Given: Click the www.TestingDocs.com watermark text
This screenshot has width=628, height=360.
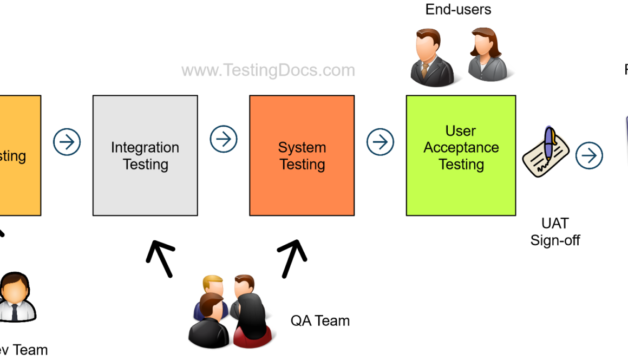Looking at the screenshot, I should pos(268,70).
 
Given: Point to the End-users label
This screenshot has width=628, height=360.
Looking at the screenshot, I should pos(459,9).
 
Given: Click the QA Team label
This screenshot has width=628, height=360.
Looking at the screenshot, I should pos(320,320).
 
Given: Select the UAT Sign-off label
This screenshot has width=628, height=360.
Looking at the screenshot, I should pos(555,232).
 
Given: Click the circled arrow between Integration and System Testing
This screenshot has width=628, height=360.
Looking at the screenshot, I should pos(224,140).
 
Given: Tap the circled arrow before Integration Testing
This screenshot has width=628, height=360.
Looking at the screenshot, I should pos(67,142).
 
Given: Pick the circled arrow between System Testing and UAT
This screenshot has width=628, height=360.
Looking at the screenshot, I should pos(380,142).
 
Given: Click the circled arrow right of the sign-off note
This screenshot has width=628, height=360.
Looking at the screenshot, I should pos(589,156).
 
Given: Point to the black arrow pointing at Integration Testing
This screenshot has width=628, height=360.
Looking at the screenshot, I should pos(161,258).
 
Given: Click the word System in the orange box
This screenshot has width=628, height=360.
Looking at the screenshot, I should pos(302,147).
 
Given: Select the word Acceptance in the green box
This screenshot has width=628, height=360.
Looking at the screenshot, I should pos(461,148).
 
